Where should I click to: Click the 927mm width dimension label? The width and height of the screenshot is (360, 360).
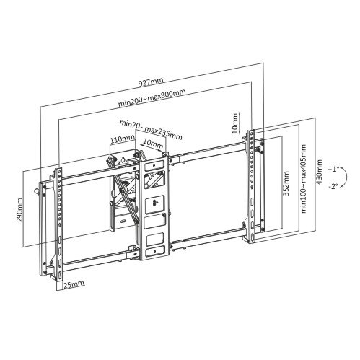(x=151, y=82)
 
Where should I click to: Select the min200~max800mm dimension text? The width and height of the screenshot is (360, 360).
(x=152, y=98)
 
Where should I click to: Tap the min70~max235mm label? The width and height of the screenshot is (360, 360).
(x=151, y=130)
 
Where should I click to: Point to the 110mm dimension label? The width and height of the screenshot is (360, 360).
(x=122, y=139)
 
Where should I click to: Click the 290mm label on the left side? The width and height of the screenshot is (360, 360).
(x=19, y=209)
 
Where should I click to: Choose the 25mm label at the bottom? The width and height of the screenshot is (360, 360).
(x=74, y=284)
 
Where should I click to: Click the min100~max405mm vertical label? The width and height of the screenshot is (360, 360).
(x=304, y=178)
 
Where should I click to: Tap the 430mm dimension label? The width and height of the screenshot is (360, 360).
(x=319, y=172)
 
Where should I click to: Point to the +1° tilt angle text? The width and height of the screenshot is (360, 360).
(x=333, y=169)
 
